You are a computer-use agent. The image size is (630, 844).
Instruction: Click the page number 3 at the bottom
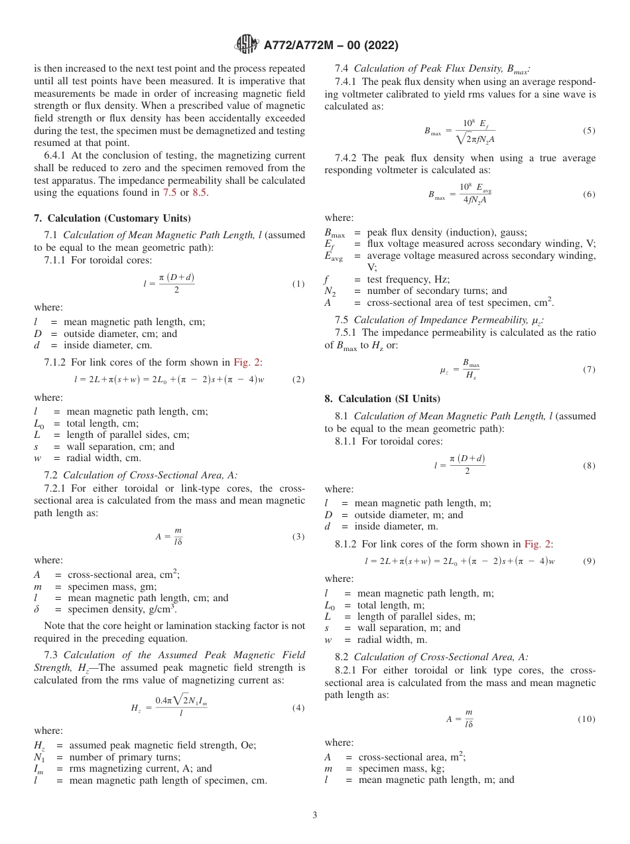315,815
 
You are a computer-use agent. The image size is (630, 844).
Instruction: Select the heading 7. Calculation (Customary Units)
112,218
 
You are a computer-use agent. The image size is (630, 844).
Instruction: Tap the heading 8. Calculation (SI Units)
382,399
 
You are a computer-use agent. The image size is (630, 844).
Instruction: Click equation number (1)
298,284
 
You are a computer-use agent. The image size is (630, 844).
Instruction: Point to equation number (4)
298,708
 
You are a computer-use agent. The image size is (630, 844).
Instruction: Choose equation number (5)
589,131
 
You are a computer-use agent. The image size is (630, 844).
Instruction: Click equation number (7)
589,370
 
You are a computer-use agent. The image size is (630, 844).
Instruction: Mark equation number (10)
587,719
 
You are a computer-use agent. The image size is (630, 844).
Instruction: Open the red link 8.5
200,193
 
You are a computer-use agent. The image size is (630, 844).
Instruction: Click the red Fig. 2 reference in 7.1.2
247,362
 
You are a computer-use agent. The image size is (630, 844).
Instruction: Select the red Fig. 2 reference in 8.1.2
538,544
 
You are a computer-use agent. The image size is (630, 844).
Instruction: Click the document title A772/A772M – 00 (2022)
330,46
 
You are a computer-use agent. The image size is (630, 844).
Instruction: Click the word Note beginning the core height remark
55,626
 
